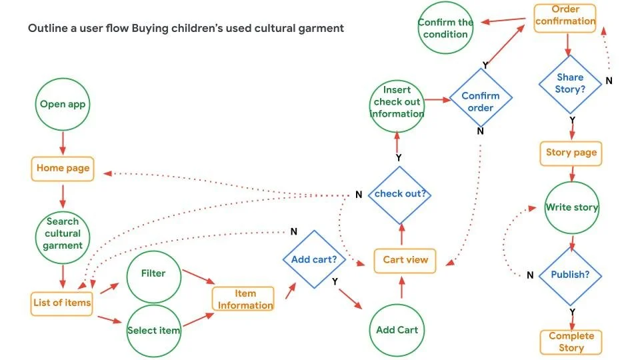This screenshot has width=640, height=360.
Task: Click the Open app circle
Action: click(x=63, y=104)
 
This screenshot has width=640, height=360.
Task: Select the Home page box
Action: click(x=63, y=168)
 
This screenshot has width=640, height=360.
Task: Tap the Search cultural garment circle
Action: click(x=63, y=233)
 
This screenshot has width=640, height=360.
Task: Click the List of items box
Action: click(x=62, y=303)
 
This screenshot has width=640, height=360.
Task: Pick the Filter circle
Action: click(x=153, y=273)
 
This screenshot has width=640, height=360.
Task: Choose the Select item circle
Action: click(x=153, y=330)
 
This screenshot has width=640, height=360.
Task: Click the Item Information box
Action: click(x=244, y=299)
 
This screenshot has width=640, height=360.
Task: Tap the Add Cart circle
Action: click(x=397, y=329)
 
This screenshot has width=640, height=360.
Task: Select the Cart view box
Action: click(x=405, y=260)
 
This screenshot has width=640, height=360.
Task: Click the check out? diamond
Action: click(x=401, y=194)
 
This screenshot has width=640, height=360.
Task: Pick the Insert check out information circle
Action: click(x=397, y=102)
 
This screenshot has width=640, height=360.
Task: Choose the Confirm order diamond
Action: click(x=481, y=101)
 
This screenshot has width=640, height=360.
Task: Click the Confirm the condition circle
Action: click(x=445, y=28)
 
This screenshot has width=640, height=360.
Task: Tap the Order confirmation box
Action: click(x=565, y=15)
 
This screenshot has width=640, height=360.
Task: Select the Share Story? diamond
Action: click(x=570, y=83)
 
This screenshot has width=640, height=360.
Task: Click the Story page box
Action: click(x=571, y=153)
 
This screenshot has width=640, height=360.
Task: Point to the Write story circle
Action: click(x=572, y=207)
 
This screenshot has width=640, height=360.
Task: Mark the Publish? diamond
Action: click(x=571, y=275)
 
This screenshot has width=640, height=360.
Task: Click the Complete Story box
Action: click(x=571, y=342)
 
